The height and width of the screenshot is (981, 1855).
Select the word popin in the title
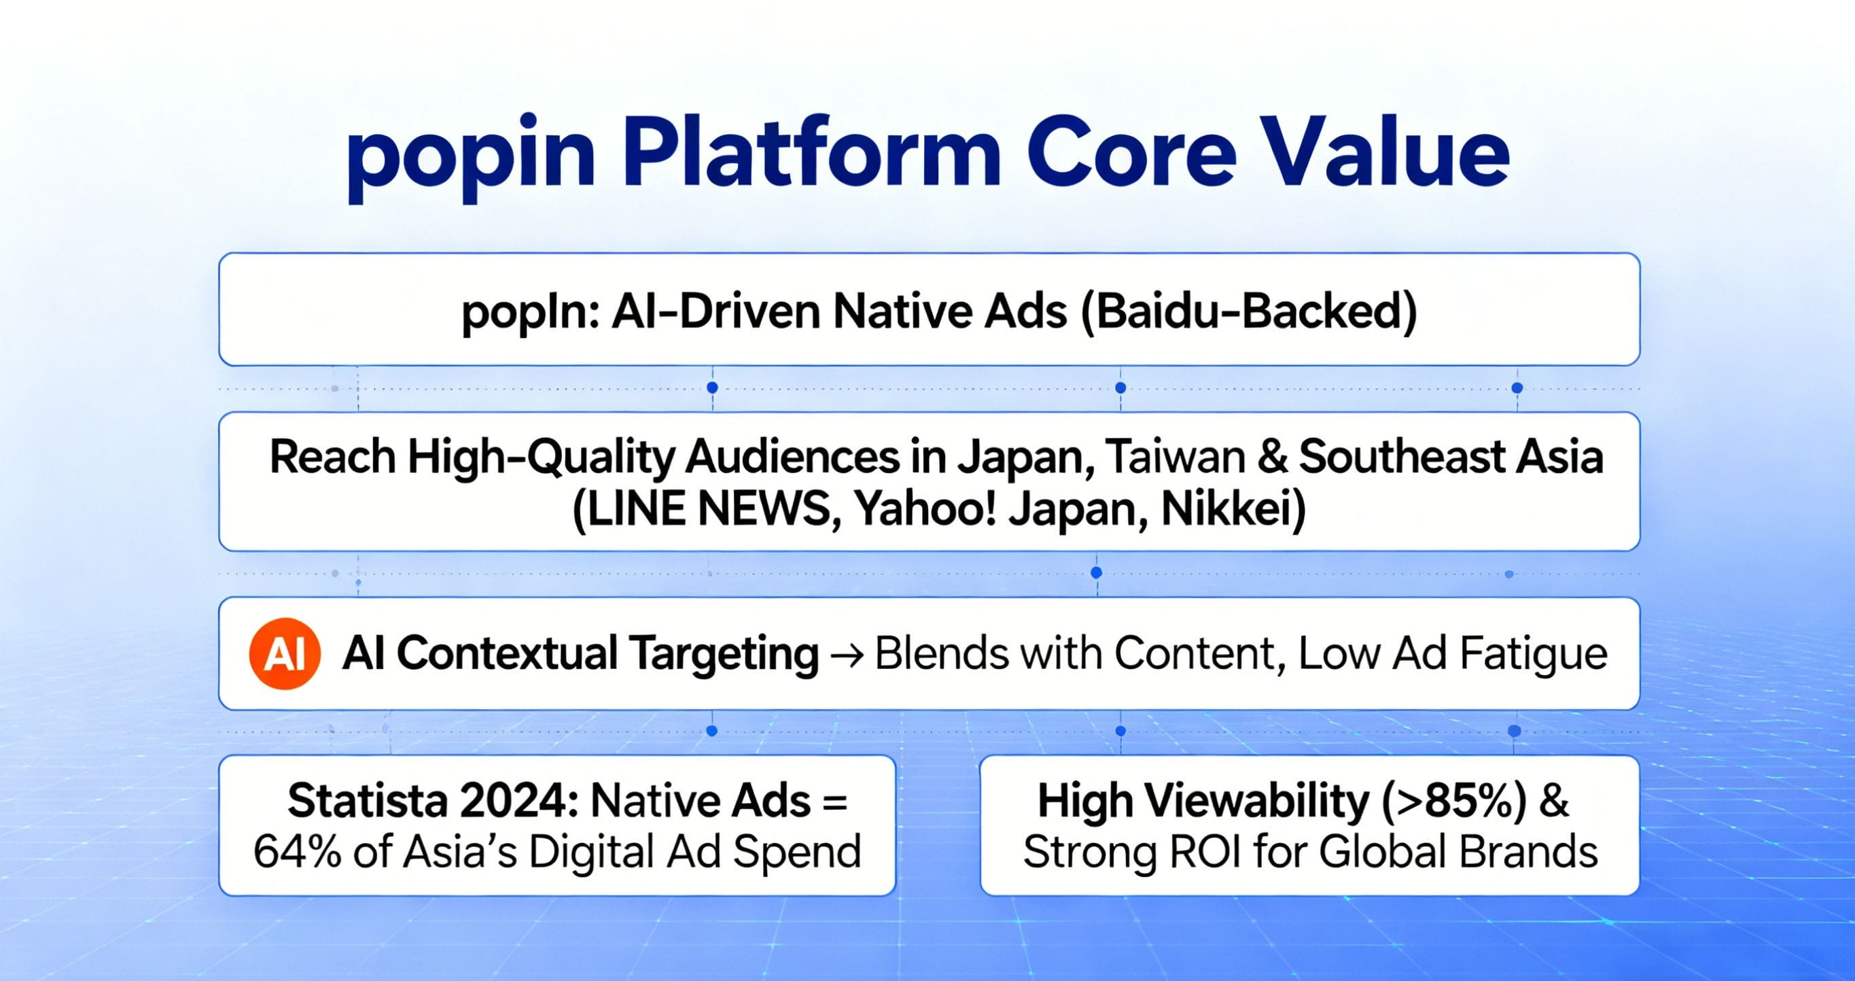(x=470, y=159)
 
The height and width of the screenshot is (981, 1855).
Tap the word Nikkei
(x=1233, y=509)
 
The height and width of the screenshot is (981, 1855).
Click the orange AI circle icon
(x=285, y=654)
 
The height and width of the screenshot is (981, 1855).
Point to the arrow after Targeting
(x=846, y=655)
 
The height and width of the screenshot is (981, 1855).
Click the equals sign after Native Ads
(x=834, y=802)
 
